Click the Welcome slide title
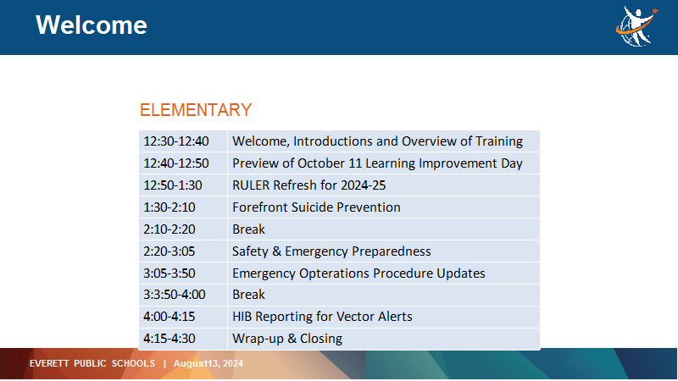[x=92, y=25]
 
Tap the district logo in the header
[x=637, y=26]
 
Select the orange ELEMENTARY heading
[x=196, y=110]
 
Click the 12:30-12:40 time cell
[x=183, y=141]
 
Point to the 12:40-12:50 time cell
[x=183, y=163]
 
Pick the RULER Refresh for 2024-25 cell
[x=384, y=185]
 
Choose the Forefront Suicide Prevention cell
[x=384, y=207]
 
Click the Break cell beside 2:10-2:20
[x=384, y=229]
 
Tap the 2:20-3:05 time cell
[x=183, y=251]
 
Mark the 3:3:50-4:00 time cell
[x=183, y=295]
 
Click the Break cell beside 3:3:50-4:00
[x=384, y=295]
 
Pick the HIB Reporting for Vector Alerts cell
[x=384, y=317]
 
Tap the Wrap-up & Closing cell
[x=384, y=339]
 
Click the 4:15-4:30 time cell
[x=183, y=339]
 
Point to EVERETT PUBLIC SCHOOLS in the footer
[x=92, y=363]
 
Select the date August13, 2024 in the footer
[x=208, y=363]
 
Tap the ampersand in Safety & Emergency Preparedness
[x=277, y=251]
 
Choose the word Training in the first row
[x=499, y=141]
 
